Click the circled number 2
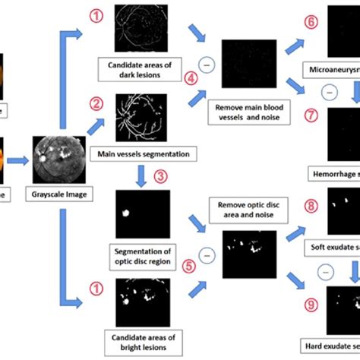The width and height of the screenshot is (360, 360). pos(96,102)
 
